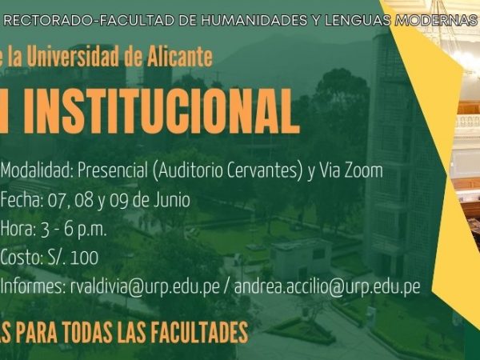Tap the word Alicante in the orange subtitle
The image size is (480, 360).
pyautogui.click(x=180, y=56)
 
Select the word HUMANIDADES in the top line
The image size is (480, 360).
pyautogui.click(x=254, y=21)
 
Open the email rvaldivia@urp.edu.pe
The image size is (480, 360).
pyautogui.click(x=145, y=287)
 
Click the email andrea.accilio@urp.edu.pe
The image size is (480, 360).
pyautogui.click(x=327, y=287)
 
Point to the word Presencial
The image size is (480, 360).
pyautogui.click(x=113, y=170)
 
